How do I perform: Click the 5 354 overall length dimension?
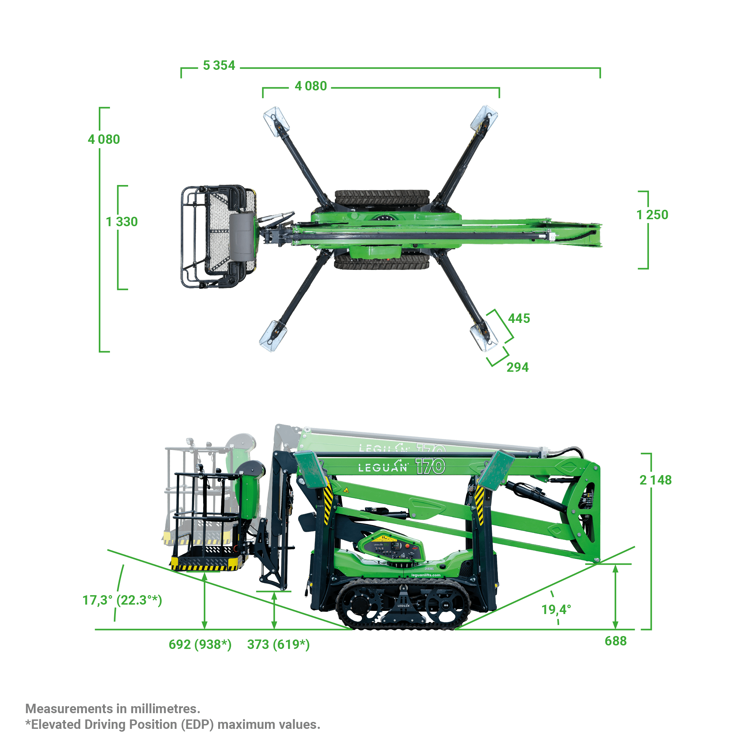[x=219, y=65]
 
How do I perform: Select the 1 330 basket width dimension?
[x=122, y=222]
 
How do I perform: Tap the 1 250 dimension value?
[x=652, y=215]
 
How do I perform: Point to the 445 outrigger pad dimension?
[x=519, y=318]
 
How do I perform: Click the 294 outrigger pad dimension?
[x=517, y=367]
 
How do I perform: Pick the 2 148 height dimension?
[x=655, y=480]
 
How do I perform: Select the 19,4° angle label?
[x=556, y=609]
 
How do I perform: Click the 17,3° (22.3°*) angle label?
[x=122, y=600]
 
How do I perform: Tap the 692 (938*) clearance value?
[x=200, y=644]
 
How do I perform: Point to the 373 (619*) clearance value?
[x=278, y=644]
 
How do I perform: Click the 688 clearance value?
[x=615, y=641]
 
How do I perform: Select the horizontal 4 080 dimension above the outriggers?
[x=311, y=86]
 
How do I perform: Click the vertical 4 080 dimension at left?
[x=104, y=139]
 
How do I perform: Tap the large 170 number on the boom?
[x=430, y=466]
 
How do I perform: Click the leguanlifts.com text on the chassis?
[x=426, y=575]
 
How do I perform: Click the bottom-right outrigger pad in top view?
[x=484, y=337]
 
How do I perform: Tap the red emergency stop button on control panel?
[x=408, y=546]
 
